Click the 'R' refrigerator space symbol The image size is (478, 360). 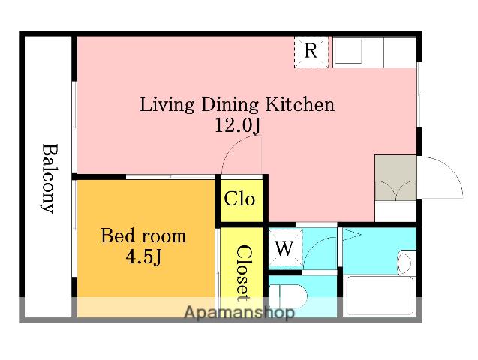[x=311, y=52]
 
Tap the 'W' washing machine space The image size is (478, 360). [x=285, y=247]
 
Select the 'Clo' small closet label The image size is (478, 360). [x=239, y=199]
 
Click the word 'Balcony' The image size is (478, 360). [x=49, y=178]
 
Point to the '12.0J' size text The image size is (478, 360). [x=238, y=125]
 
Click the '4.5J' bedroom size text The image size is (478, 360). [x=143, y=256]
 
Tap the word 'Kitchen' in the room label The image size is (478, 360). [x=300, y=104]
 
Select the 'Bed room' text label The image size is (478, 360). [x=143, y=235]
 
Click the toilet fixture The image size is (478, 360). [x=288, y=297]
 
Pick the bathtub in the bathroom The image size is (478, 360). [x=380, y=295]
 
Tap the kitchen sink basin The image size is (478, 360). [x=347, y=51]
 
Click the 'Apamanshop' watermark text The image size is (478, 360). [x=239, y=312]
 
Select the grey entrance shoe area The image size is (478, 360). [x=395, y=178]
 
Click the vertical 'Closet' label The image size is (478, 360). [x=245, y=273]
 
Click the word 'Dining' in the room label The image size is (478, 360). [x=230, y=105]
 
